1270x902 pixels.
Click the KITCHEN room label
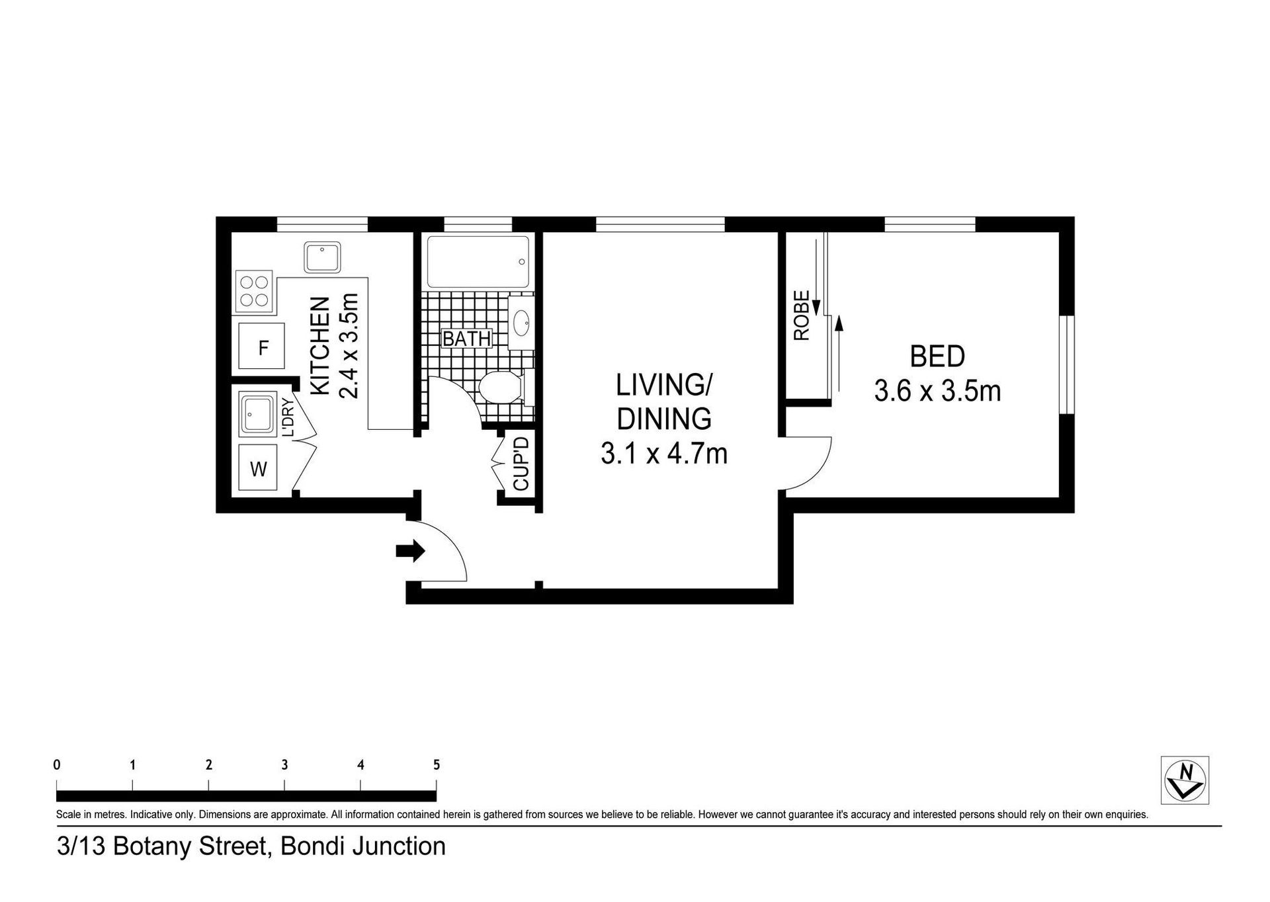tap(320, 346)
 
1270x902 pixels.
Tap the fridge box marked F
tap(261, 346)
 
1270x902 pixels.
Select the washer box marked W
tap(257, 468)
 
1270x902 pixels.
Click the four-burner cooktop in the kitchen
tap(254, 291)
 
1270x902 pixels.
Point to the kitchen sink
tap(322, 257)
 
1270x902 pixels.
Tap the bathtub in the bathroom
tap(478, 261)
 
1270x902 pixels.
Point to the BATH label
tap(466, 339)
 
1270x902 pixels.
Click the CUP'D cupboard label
tap(521, 463)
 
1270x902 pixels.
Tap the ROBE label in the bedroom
tap(802, 315)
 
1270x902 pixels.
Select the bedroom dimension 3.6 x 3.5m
tap(937, 391)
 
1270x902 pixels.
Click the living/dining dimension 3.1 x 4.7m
tap(664, 454)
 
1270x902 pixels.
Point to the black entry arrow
tap(410, 550)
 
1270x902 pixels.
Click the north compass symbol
tap(1185, 780)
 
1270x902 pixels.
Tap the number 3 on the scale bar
tap(284, 765)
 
